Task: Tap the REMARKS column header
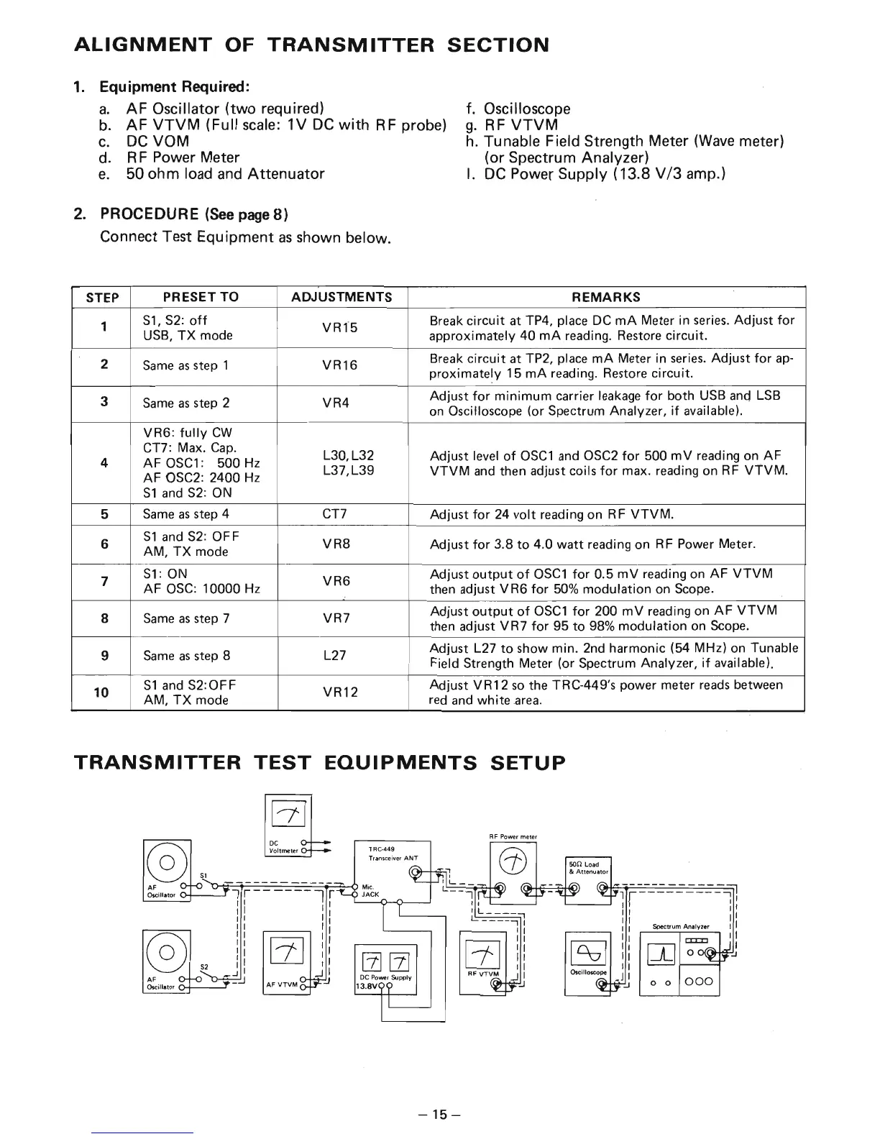click(x=605, y=297)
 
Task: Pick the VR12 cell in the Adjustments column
click(x=341, y=692)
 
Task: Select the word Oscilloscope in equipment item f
click(x=527, y=109)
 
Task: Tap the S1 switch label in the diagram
click(x=203, y=876)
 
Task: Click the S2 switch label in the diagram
click(x=203, y=966)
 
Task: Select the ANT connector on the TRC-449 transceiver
click(x=415, y=874)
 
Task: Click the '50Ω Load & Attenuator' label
click(x=587, y=867)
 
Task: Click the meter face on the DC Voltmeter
click(x=286, y=814)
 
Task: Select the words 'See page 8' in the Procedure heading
click(x=247, y=214)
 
